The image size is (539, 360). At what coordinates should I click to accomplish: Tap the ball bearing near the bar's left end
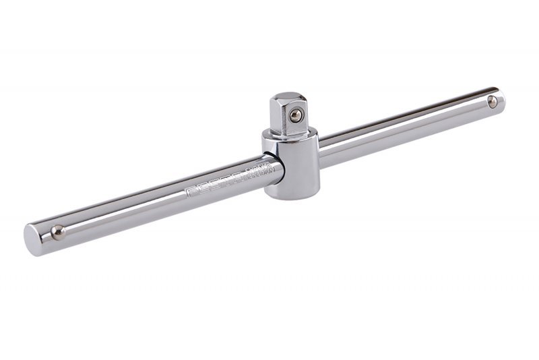tap(58, 232)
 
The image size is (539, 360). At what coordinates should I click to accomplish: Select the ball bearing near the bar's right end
tap(493, 102)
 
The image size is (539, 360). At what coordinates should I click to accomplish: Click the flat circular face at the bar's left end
tap(32, 239)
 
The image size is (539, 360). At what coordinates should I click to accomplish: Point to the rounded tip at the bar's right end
tap(501, 99)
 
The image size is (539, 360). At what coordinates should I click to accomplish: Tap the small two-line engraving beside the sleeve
tap(258, 173)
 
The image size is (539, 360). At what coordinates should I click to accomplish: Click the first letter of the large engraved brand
tap(190, 191)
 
